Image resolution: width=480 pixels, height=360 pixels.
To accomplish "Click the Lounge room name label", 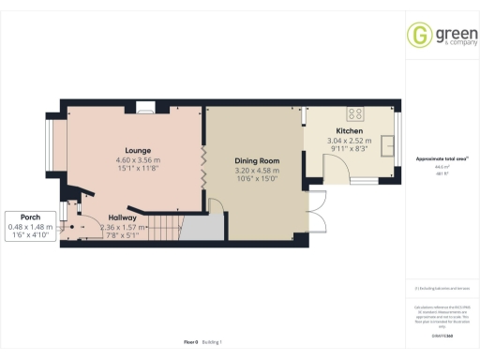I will [x=139, y=150].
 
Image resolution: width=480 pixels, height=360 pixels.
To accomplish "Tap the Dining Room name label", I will [x=256, y=161].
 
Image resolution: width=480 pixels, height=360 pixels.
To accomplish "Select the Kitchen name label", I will [x=350, y=131].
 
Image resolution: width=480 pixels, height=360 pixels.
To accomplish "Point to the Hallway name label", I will [x=123, y=217].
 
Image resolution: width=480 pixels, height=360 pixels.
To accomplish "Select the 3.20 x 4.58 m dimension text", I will [x=256, y=171].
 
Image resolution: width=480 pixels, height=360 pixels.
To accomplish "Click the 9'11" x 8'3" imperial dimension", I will [x=350, y=150].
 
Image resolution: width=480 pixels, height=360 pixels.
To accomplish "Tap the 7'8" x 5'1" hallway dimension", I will [x=123, y=234].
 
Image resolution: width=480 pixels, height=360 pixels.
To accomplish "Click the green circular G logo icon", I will [x=418, y=36].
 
